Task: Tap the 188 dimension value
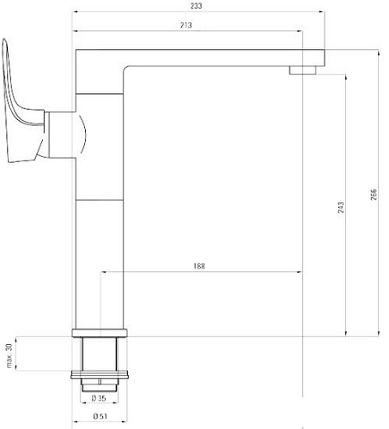[199, 266]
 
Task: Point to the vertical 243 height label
[341, 207]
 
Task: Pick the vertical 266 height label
[374, 196]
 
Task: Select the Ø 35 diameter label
[100, 398]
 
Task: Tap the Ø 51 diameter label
[100, 418]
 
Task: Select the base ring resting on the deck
[101, 333]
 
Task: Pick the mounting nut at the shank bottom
[101, 376]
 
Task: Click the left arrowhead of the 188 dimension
[105, 273]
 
